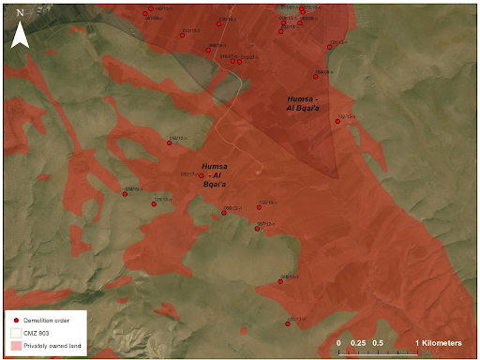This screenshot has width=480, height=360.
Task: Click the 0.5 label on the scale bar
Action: coord(377,343)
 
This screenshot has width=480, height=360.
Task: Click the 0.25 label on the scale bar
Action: coord(357,343)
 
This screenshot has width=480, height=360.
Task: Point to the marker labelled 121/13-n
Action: coord(338,121)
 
